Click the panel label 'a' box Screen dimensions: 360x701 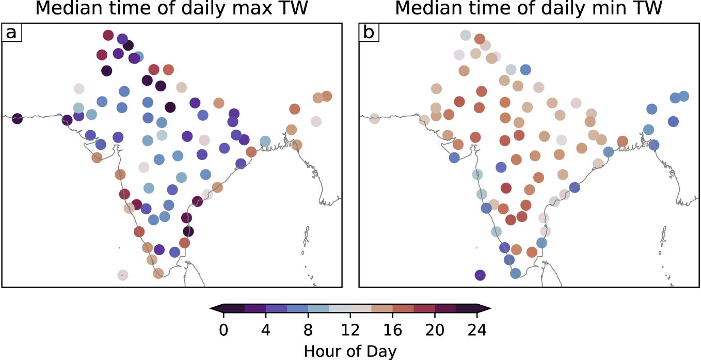pos(11,33)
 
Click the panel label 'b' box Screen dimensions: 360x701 pos(369,33)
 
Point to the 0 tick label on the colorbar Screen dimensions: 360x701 pos(224,330)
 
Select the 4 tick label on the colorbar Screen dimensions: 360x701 pos(266,330)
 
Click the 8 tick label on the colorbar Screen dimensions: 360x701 pos(308,330)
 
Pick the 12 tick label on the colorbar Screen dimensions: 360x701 pos(351,330)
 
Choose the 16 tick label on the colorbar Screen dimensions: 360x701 pos(393,330)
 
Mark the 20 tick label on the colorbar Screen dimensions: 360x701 pos(435,330)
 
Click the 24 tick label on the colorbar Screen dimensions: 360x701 pos(477,330)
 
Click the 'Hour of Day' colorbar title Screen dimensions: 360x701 pos(350,351)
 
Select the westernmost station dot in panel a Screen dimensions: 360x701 pos(17,119)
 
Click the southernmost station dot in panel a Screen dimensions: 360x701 pos(122,275)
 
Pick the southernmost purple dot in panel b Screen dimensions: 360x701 pos(480,275)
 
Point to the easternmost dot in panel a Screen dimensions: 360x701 pos(326,96)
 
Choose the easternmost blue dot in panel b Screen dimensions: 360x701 pos(684,96)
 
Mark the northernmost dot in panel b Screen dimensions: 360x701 pos(465,35)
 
